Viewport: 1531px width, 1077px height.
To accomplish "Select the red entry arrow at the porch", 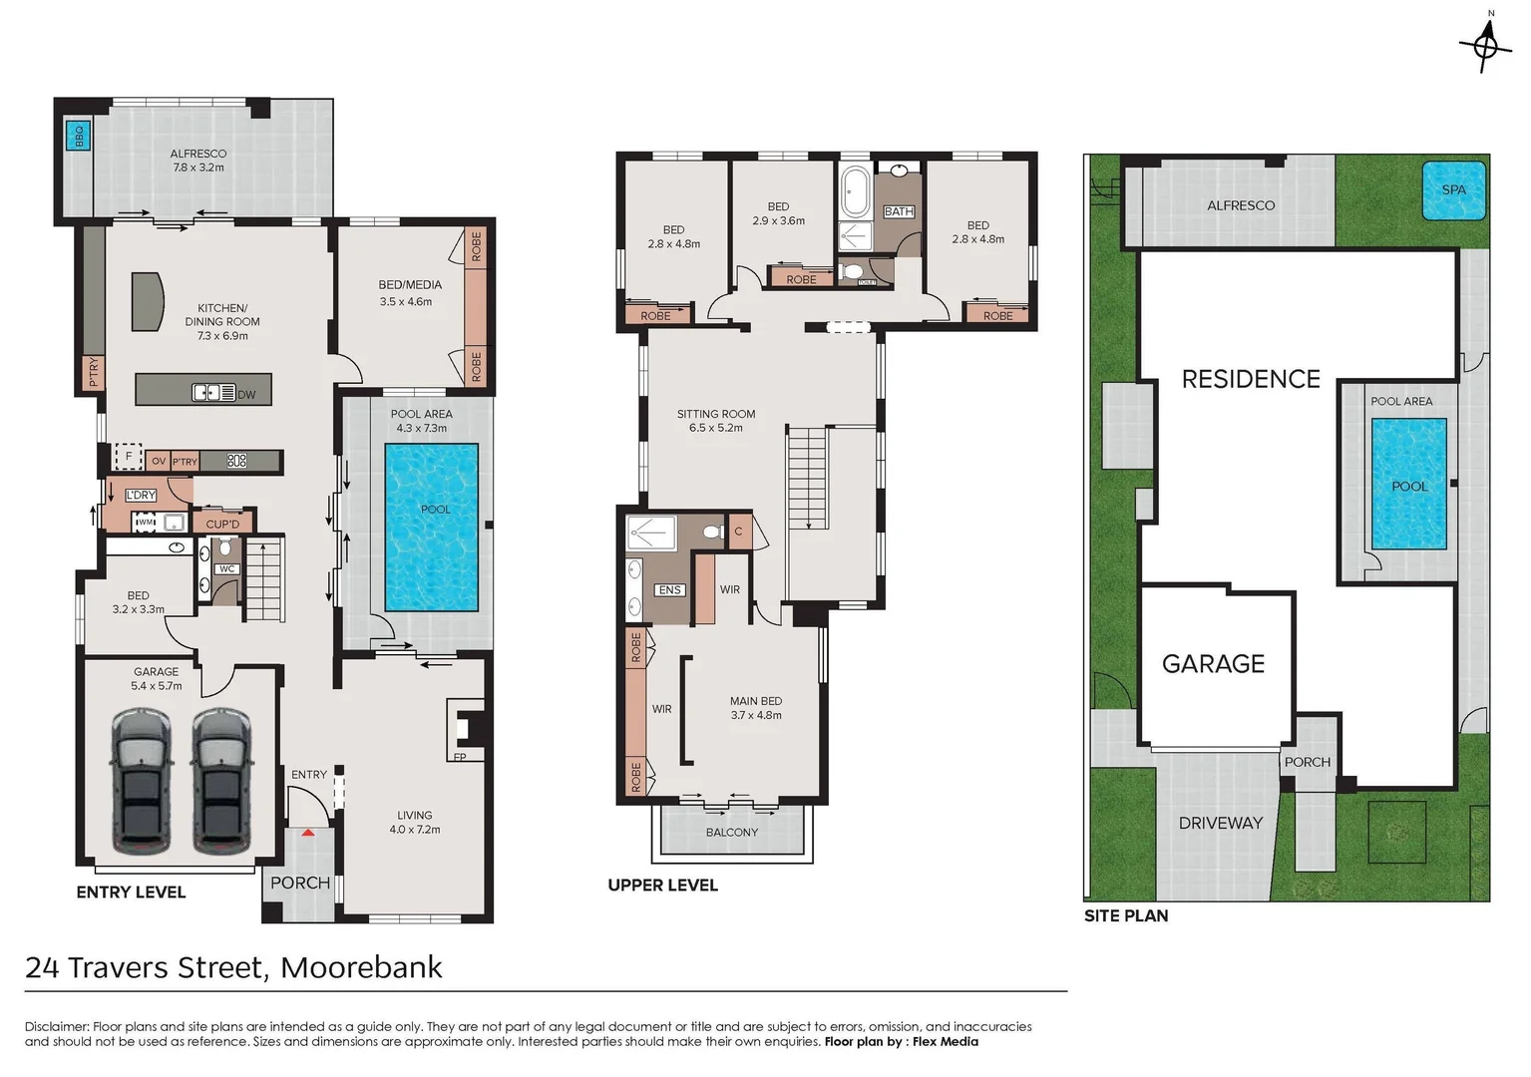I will [x=309, y=832].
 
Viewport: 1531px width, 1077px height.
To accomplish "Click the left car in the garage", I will [x=140, y=781].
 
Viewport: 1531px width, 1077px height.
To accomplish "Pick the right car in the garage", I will [x=221, y=781].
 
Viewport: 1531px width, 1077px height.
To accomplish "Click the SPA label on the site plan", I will [x=1453, y=189].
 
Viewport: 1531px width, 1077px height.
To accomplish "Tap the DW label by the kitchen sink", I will [x=246, y=395].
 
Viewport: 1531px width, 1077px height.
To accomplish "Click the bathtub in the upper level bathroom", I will [x=856, y=192].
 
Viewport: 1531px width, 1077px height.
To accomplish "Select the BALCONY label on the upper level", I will [x=732, y=833].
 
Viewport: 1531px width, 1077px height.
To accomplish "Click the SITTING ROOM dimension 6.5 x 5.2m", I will [x=715, y=428].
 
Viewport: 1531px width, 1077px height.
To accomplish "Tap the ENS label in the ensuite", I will [x=669, y=590].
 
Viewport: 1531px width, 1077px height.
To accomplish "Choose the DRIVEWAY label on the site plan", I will [x=1220, y=823].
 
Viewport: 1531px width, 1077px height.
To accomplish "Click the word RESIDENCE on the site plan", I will [x=1251, y=379].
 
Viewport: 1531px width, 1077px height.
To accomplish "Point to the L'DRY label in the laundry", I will [x=141, y=496].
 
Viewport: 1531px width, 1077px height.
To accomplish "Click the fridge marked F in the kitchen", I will [x=128, y=457].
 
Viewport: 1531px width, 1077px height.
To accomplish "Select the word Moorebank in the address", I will [x=361, y=967].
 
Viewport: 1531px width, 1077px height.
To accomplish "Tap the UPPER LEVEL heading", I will [x=662, y=886].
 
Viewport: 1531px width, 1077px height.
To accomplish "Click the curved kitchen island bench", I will [x=149, y=301].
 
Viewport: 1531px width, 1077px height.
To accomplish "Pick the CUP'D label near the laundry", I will [x=222, y=524].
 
